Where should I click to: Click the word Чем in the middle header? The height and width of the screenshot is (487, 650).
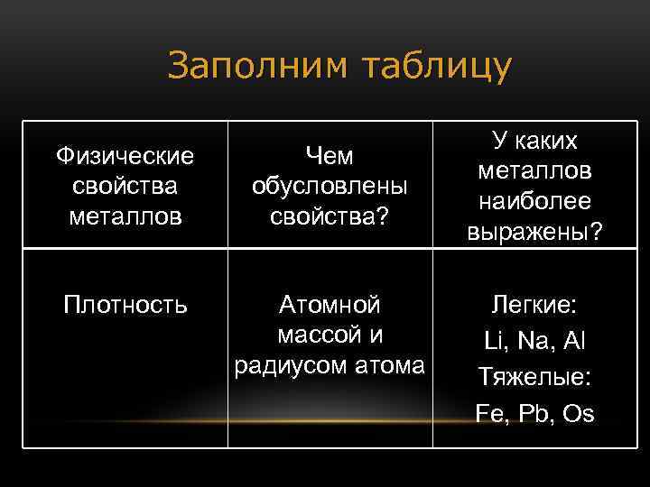(x=330, y=156)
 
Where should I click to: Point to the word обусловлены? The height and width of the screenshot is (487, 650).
(x=330, y=187)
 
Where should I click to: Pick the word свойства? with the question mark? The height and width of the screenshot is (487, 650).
(x=330, y=216)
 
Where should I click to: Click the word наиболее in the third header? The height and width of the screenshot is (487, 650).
(x=535, y=201)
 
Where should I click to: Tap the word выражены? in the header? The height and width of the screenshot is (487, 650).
(x=535, y=232)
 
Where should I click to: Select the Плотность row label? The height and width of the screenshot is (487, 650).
(x=125, y=305)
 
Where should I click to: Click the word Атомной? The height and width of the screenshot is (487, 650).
(x=330, y=305)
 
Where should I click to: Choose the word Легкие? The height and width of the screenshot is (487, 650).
(x=535, y=305)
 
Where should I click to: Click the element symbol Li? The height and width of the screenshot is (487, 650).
(x=495, y=341)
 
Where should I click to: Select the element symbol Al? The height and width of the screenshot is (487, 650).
(x=573, y=341)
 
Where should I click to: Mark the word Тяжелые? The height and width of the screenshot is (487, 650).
(x=535, y=377)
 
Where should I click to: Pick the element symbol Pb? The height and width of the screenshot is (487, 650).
(x=534, y=413)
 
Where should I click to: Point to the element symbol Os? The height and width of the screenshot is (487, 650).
(x=578, y=413)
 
